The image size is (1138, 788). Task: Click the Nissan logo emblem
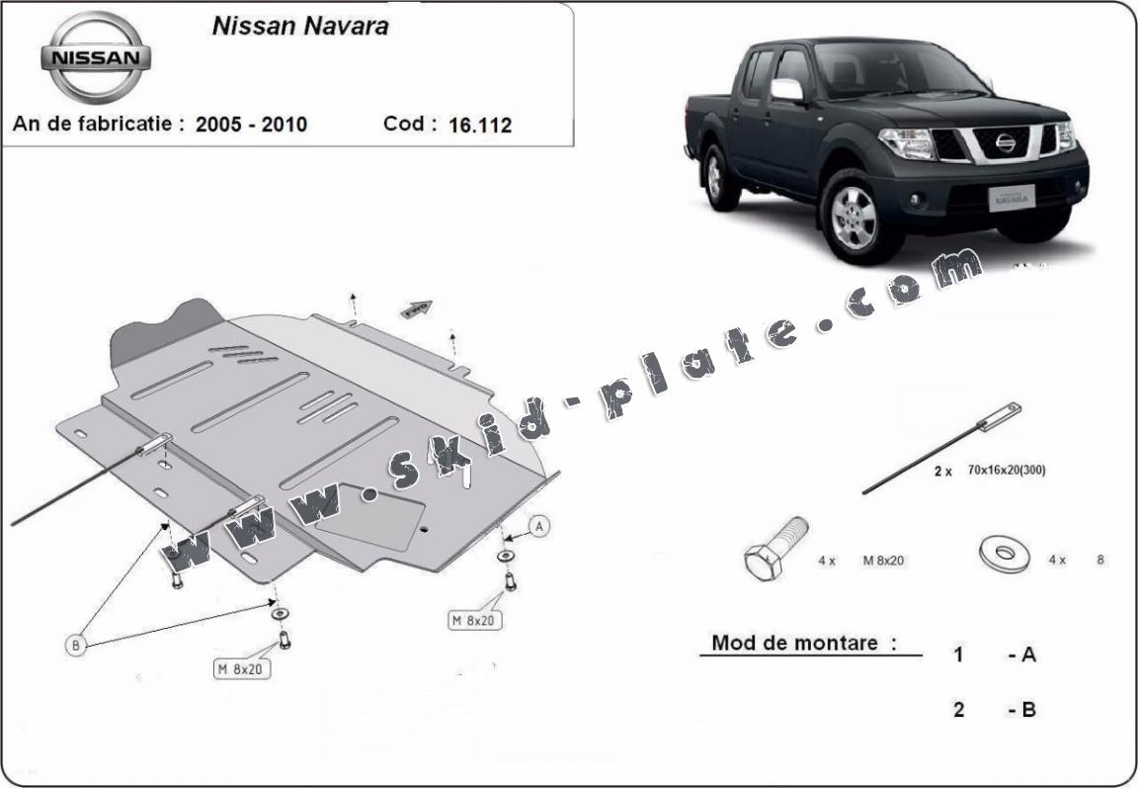[x=96, y=57]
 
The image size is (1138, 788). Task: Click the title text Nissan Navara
[x=300, y=26]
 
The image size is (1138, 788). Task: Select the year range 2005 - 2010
[x=251, y=125]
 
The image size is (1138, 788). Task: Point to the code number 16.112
[x=480, y=125]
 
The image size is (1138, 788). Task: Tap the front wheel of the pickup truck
[x=853, y=217]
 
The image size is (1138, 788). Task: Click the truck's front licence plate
[x=1011, y=197]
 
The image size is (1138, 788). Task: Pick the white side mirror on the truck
[x=786, y=89]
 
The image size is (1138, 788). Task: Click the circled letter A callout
[x=538, y=526]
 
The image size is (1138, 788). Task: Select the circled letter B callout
[x=75, y=645]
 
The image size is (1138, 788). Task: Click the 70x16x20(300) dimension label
[x=1007, y=470]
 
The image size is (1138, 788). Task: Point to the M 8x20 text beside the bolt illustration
[x=883, y=561]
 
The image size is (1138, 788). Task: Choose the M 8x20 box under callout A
[x=475, y=620]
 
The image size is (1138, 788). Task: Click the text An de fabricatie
[x=92, y=124]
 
